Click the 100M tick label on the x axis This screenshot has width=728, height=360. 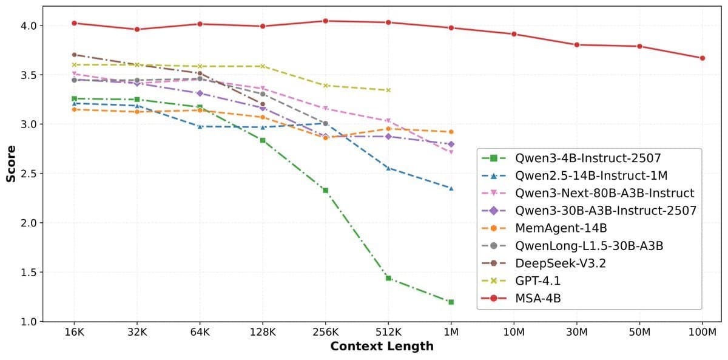point(702,333)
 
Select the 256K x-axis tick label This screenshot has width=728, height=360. point(325,333)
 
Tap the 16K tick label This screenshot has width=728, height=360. point(74,333)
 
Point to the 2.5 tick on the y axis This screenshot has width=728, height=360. point(29,174)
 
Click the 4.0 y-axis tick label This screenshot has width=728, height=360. point(29,25)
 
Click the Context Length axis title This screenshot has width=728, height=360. point(382,347)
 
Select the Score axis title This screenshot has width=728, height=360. point(11,163)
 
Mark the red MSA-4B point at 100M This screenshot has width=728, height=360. point(702,58)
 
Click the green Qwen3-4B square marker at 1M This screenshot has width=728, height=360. point(451,302)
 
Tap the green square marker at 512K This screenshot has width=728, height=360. point(388,278)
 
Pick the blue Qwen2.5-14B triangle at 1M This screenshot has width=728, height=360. point(451,188)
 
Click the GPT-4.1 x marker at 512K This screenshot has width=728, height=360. point(388,90)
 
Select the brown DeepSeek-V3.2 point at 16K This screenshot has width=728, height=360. point(74,55)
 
